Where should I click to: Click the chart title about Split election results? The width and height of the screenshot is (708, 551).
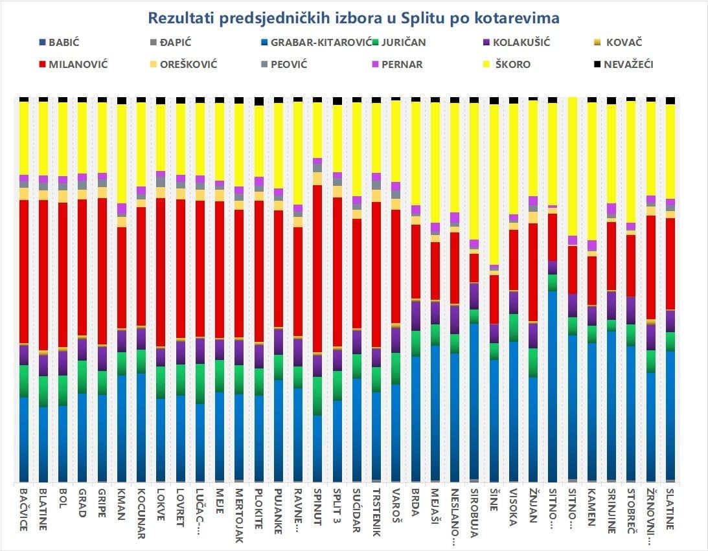pyautogui.click(x=354, y=17)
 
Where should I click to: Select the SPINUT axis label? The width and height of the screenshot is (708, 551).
pyautogui.click(x=317, y=511)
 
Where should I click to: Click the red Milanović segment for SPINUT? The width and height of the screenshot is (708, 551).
pyautogui.click(x=317, y=269)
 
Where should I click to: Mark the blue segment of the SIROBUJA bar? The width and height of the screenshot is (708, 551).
pyautogui.click(x=474, y=401)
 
